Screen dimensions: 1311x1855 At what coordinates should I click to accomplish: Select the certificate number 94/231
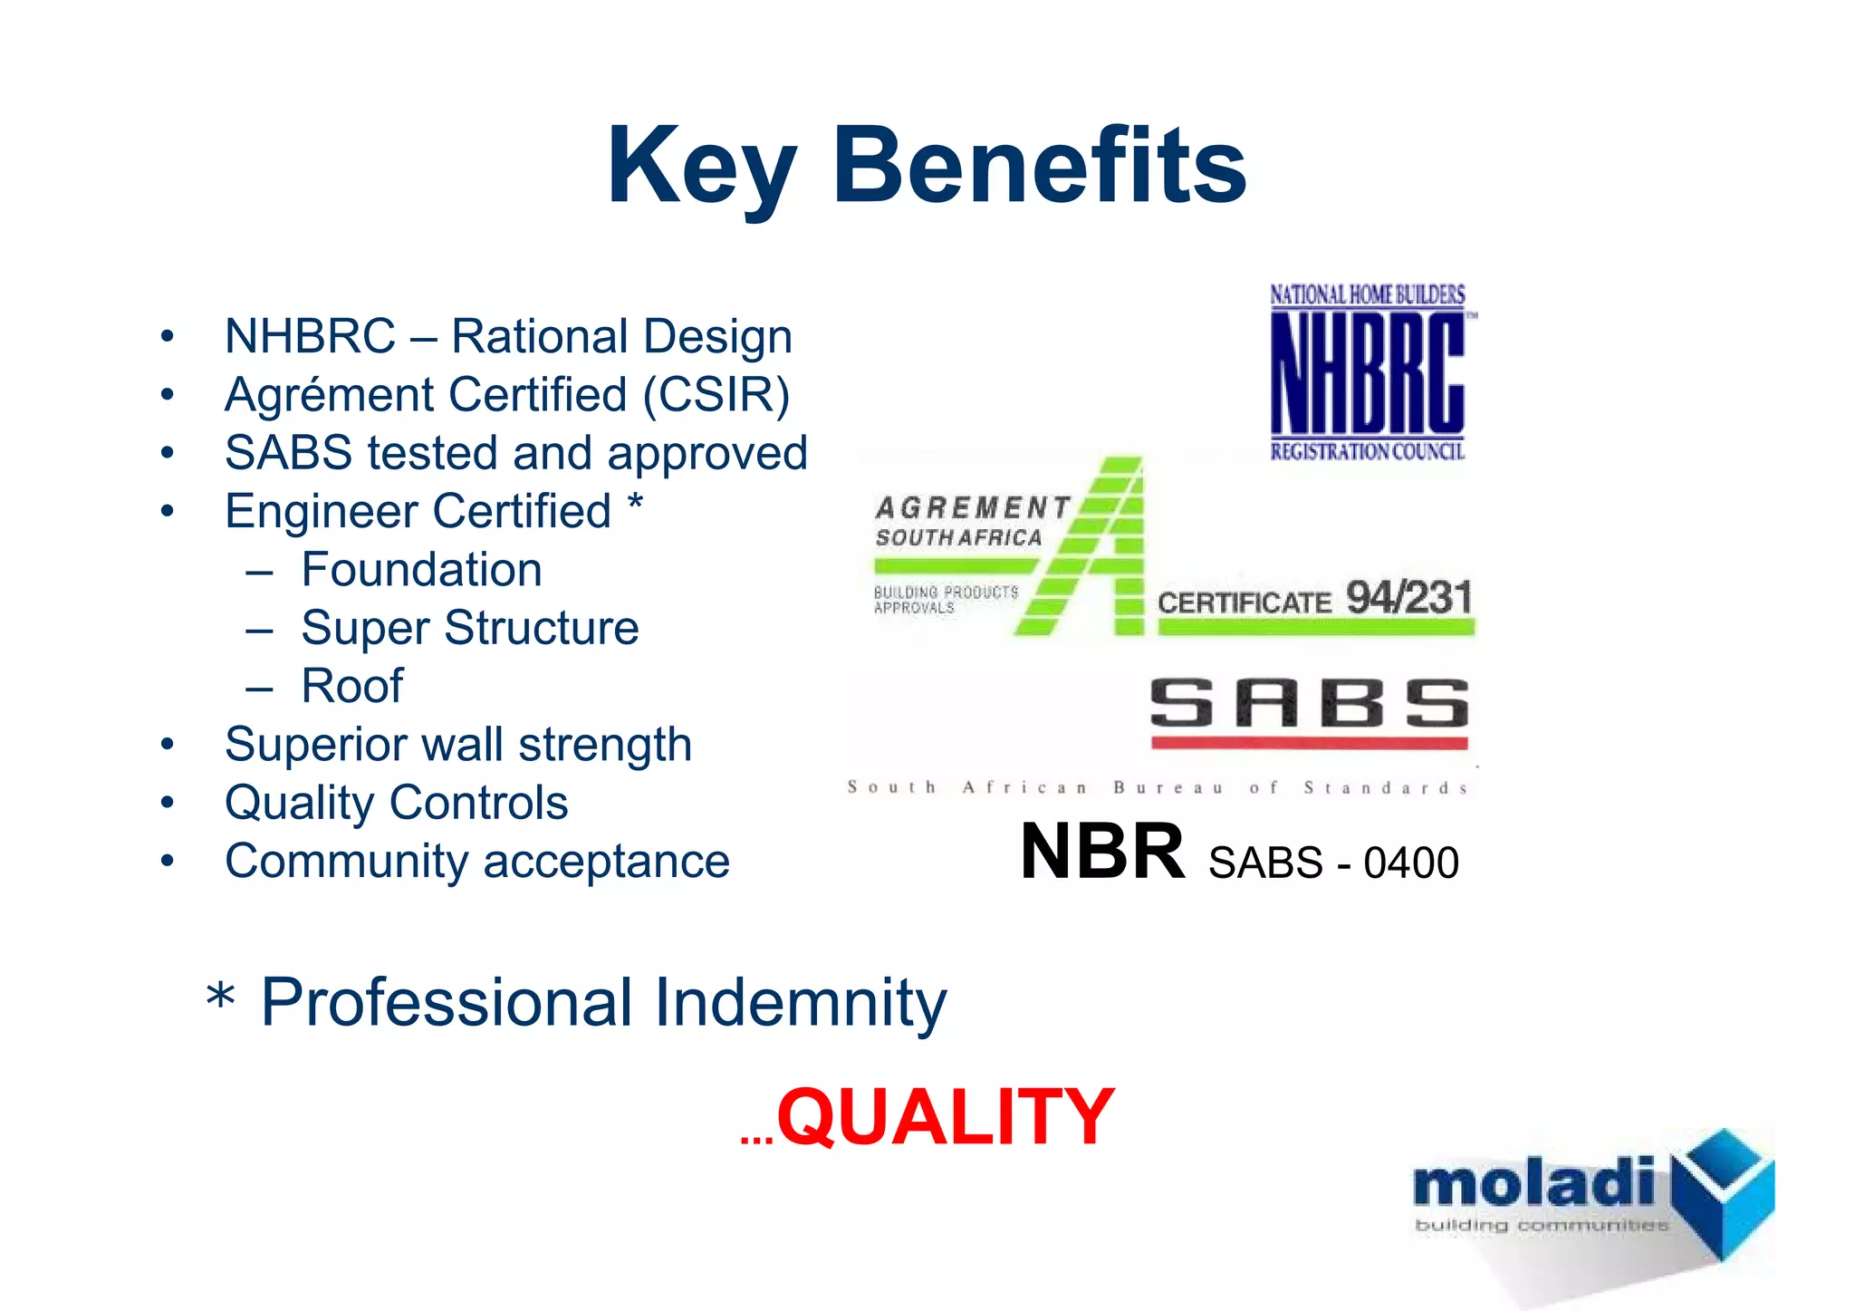pyautogui.click(x=1408, y=599)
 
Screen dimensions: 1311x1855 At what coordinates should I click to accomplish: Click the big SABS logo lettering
pyautogui.click(x=1308, y=704)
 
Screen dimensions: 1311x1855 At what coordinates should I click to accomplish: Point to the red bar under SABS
pyautogui.click(x=1308, y=744)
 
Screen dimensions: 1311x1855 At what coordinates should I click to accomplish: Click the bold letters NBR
pyautogui.click(x=1101, y=852)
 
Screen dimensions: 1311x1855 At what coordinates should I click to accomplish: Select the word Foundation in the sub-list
pyautogui.click(x=421, y=570)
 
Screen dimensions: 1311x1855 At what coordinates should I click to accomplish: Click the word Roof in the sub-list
pyautogui.click(x=351, y=686)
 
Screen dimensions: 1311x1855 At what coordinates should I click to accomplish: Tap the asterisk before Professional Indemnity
pyautogui.click(x=220, y=1000)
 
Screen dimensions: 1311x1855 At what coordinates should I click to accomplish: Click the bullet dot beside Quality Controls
pyautogui.click(x=167, y=803)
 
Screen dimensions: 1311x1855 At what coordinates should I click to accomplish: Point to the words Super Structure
pyautogui.click(x=469, y=628)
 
